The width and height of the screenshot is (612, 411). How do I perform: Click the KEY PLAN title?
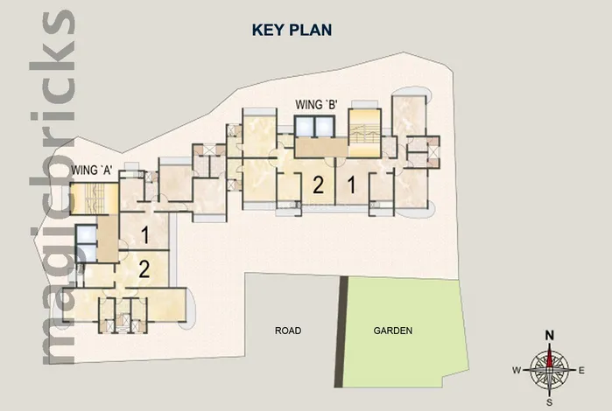[x=292, y=30]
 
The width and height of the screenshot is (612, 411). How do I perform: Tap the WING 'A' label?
[x=92, y=171]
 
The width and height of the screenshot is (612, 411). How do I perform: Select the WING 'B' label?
[x=316, y=105]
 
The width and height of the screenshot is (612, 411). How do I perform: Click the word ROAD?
[x=288, y=331]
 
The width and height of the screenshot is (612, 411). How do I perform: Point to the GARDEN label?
[x=392, y=331]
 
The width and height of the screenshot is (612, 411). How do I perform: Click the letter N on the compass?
[x=550, y=335]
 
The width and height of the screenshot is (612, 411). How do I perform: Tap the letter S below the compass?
[x=549, y=403]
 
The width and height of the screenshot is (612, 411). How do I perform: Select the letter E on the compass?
[x=581, y=371]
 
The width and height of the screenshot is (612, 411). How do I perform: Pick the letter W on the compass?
[x=517, y=371]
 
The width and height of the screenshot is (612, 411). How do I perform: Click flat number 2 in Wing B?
[x=318, y=185]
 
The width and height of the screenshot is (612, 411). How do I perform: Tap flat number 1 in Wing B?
[x=352, y=185]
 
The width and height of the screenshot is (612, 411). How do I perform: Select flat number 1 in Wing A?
[x=144, y=235]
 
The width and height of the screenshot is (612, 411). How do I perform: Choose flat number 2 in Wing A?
[x=144, y=269]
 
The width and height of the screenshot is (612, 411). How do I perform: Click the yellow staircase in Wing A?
[x=95, y=199]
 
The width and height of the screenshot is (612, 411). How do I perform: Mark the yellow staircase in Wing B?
[x=364, y=133]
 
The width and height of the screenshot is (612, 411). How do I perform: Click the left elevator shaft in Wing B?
[x=305, y=126]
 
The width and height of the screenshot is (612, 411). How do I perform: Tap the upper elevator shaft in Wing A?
[x=87, y=234]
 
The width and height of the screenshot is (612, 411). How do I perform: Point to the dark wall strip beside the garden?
[x=340, y=331]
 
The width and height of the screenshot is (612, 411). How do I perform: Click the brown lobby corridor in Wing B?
[x=320, y=147]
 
